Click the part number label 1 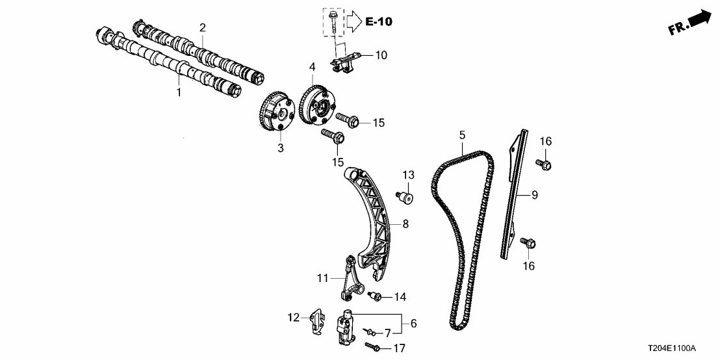pos(179,93)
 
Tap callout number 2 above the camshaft pos(203,27)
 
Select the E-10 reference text pos(378,22)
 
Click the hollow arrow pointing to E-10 pos(352,21)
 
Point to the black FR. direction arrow pos(699,18)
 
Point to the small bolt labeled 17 pos(372,348)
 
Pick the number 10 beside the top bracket pos(380,55)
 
